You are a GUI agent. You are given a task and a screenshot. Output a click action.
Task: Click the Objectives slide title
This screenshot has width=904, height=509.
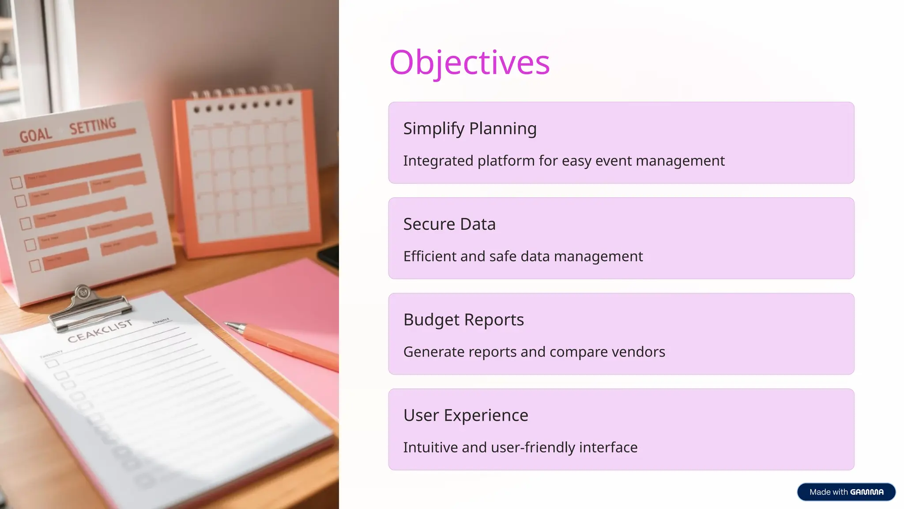(469, 62)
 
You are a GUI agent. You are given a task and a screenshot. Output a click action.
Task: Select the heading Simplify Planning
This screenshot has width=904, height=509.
(470, 129)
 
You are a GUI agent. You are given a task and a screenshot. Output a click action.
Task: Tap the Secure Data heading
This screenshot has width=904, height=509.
(449, 224)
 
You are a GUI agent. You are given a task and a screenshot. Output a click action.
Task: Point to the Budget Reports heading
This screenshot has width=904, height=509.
(463, 320)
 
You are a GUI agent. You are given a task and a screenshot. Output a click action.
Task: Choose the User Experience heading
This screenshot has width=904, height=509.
(466, 415)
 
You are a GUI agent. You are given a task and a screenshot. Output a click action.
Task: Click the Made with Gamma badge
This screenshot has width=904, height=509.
(846, 492)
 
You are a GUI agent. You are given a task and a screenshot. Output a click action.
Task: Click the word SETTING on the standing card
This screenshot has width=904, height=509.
(93, 126)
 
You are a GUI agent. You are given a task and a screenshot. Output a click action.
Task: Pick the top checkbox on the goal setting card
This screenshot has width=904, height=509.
(16, 182)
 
